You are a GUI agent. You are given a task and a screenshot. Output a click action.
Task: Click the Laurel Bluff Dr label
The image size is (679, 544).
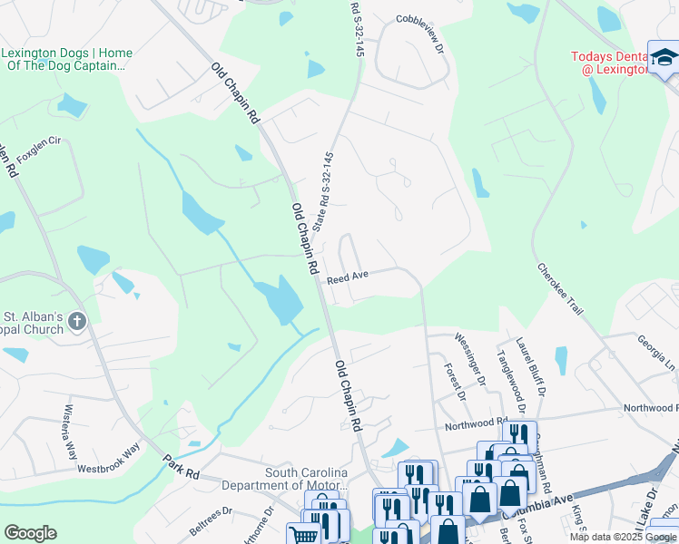point(532,366)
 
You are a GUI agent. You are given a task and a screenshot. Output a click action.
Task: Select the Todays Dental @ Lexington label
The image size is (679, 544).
point(609,63)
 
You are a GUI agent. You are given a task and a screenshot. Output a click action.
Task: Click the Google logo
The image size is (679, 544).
point(31,533)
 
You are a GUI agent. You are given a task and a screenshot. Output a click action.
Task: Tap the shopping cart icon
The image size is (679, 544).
point(302,535)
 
